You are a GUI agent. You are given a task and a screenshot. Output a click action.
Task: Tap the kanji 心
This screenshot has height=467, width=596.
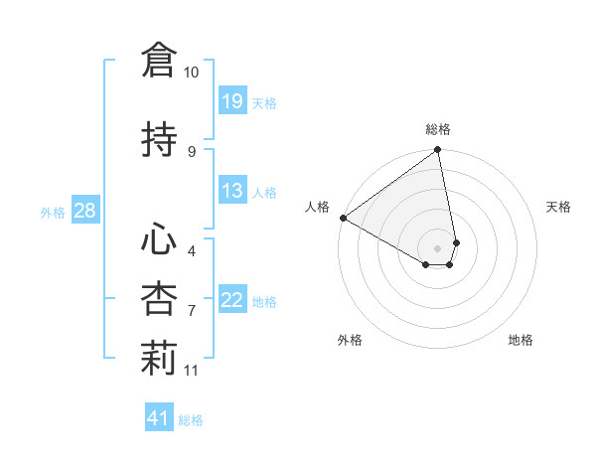coord(159,239)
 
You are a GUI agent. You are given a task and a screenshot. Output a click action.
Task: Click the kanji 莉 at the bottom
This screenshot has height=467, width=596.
coord(159,360)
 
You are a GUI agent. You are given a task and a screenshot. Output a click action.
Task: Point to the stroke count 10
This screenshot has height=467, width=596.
coord(192,73)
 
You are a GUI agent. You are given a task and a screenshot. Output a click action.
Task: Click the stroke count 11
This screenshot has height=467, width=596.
coord(192,371)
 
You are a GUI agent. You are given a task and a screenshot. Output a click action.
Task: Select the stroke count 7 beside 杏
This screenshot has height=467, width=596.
coord(192,311)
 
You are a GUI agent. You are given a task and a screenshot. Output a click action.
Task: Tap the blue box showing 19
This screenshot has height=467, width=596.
coord(231,101)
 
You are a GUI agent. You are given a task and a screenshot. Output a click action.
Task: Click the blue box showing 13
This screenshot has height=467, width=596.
coord(231,191)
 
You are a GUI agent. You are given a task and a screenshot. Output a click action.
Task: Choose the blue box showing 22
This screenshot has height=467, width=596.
coord(231,300)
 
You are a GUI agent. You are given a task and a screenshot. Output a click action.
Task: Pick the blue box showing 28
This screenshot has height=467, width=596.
coord(84,211)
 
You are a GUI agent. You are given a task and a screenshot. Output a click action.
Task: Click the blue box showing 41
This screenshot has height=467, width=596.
coord(159,418)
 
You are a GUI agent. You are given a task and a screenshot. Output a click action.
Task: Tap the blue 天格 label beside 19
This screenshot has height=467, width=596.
coord(263,102)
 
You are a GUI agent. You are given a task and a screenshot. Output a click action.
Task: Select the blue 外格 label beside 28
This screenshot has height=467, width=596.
coord(53,212)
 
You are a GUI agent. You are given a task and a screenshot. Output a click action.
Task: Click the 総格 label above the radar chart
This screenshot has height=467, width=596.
coord(438,129)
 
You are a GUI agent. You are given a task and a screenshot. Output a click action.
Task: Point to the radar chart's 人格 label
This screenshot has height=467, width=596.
coord(317,207)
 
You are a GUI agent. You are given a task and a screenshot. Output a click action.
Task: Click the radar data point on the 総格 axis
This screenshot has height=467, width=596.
coord(437,151)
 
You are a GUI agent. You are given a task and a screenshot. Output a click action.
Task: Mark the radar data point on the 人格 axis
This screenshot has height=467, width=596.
coord(343,218)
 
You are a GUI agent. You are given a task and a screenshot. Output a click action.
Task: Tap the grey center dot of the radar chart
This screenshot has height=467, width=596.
coord(438,247)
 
